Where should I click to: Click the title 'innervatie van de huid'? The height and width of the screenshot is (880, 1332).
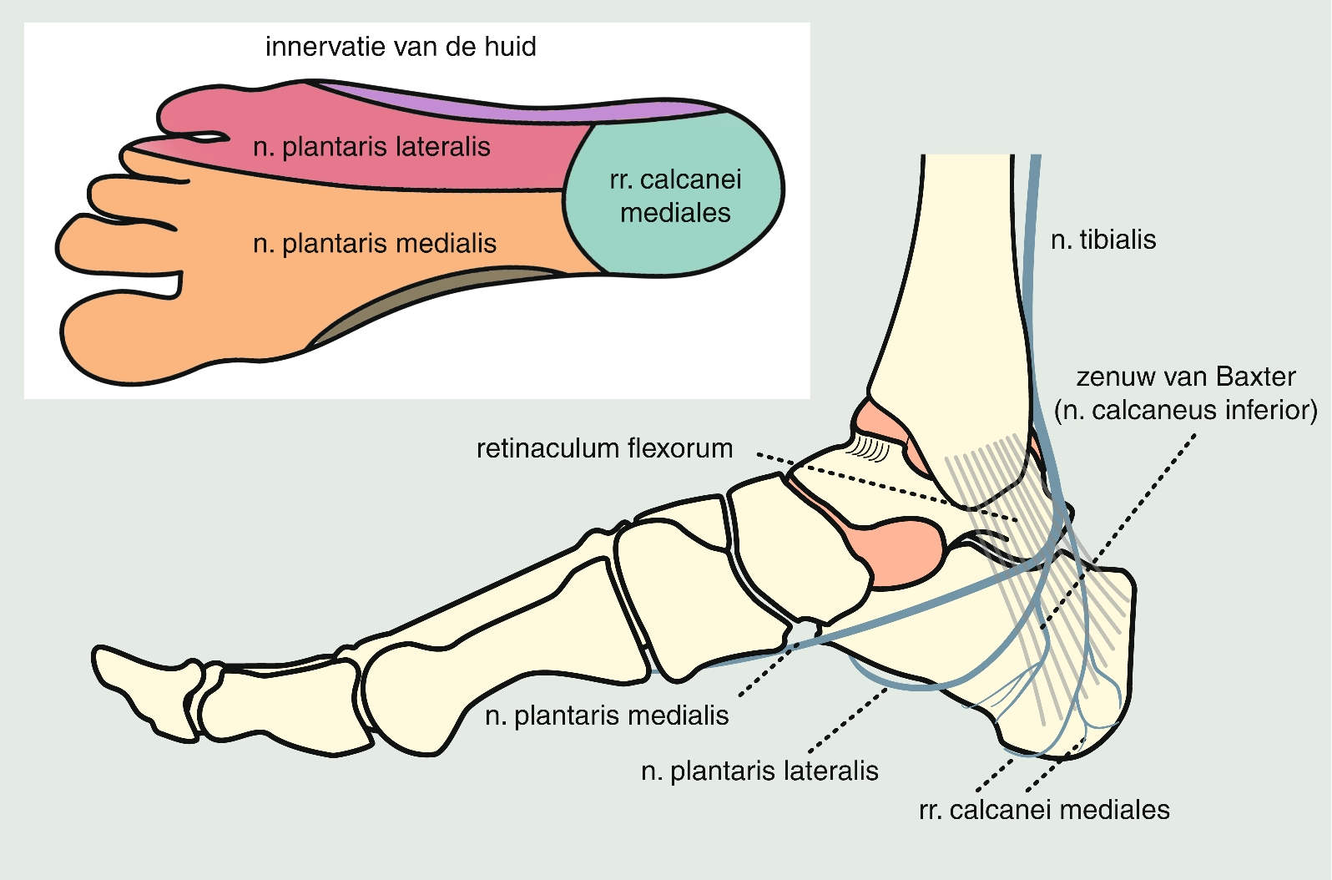point(401,47)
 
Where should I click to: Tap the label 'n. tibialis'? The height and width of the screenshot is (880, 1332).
point(1103,240)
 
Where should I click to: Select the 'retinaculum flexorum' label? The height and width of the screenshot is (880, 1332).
point(604,449)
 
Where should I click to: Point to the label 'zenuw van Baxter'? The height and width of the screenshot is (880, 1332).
point(1186,377)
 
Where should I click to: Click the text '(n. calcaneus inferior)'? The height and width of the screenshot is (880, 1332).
point(1186,411)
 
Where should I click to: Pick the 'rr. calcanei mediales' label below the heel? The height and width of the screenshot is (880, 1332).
point(1044,810)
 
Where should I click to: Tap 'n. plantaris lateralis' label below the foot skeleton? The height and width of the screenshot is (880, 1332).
point(759,771)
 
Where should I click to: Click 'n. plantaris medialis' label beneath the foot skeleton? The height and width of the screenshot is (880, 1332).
point(607,716)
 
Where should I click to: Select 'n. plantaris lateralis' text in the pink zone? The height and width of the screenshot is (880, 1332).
point(371,147)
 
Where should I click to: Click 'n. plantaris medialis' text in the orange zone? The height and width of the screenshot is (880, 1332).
point(375,244)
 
